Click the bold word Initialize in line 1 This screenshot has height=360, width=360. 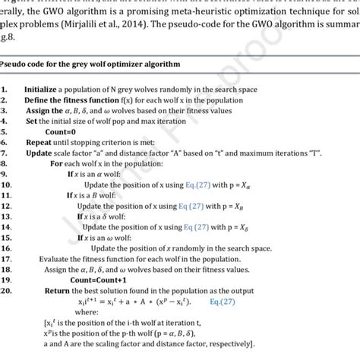click(x=41, y=89)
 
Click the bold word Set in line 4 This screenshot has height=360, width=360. click(x=31, y=121)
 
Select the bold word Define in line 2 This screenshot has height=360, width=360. click(x=38, y=99)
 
